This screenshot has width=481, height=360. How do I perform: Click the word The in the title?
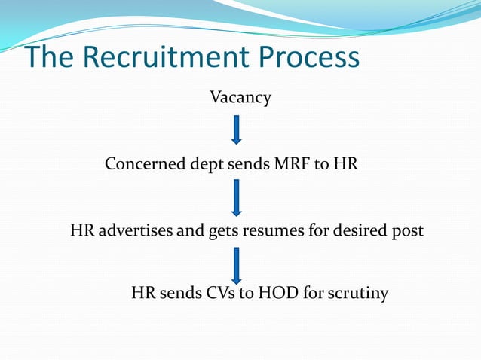[51, 58]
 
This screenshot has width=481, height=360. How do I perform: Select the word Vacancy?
[240, 98]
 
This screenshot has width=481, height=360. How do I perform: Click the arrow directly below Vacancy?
[237, 130]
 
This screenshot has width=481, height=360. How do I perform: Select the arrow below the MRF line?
[237, 197]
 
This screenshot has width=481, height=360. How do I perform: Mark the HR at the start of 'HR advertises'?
[81, 230]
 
